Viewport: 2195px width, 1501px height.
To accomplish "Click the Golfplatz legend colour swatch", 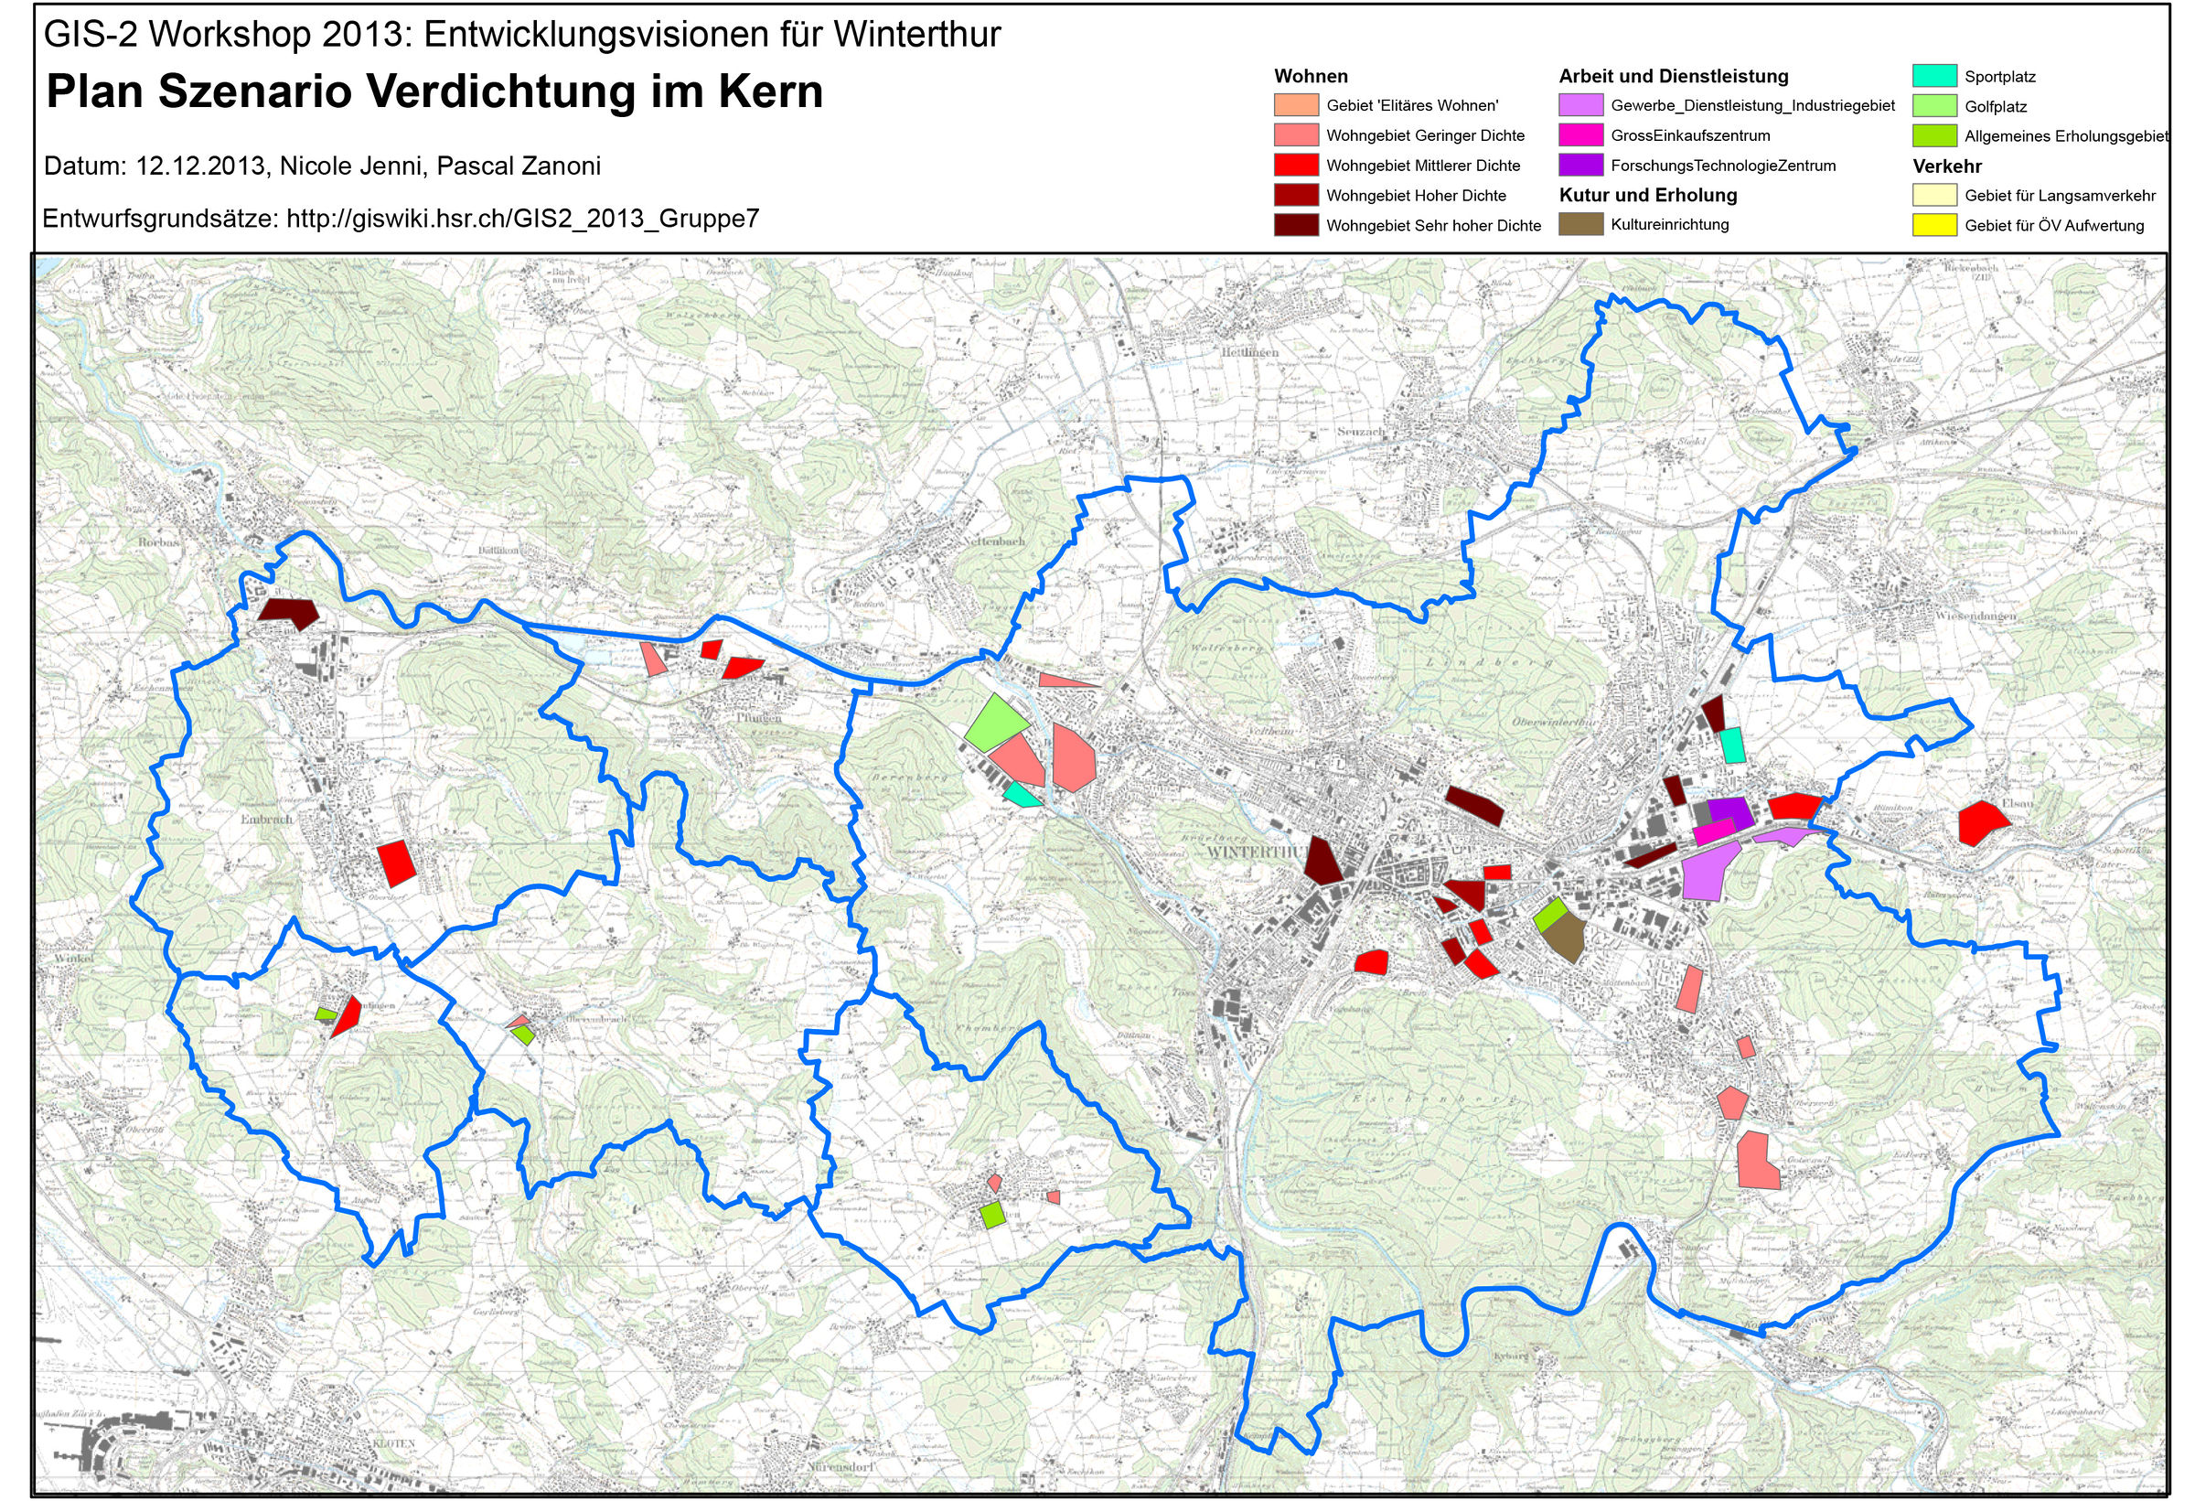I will click(x=1933, y=106).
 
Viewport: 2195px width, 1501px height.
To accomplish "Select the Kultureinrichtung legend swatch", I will click(x=1580, y=224).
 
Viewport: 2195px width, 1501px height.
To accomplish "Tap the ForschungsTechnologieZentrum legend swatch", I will click(x=1580, y=165).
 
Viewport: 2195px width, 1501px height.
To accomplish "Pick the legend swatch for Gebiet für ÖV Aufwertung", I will click(x=1933, y=225).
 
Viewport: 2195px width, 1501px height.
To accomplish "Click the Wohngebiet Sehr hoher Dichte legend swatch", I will click(x=1295, y=225).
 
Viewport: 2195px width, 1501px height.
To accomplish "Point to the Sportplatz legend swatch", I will click(x=1933, y=76).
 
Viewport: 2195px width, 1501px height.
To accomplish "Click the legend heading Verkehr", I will click(x=1946, y=166).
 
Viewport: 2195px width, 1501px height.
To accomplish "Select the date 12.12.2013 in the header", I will click(x=199, y=166).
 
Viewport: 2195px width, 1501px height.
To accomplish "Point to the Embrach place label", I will click(x=267, y=819).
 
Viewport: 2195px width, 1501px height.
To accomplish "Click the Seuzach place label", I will click(x=1360, y=432).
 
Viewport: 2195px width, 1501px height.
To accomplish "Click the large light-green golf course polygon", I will click(x=997, y=723).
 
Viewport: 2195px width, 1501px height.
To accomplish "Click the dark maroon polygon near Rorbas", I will click(x=290, y=612).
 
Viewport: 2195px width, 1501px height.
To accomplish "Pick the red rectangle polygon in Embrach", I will click(x=396, y=860).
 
